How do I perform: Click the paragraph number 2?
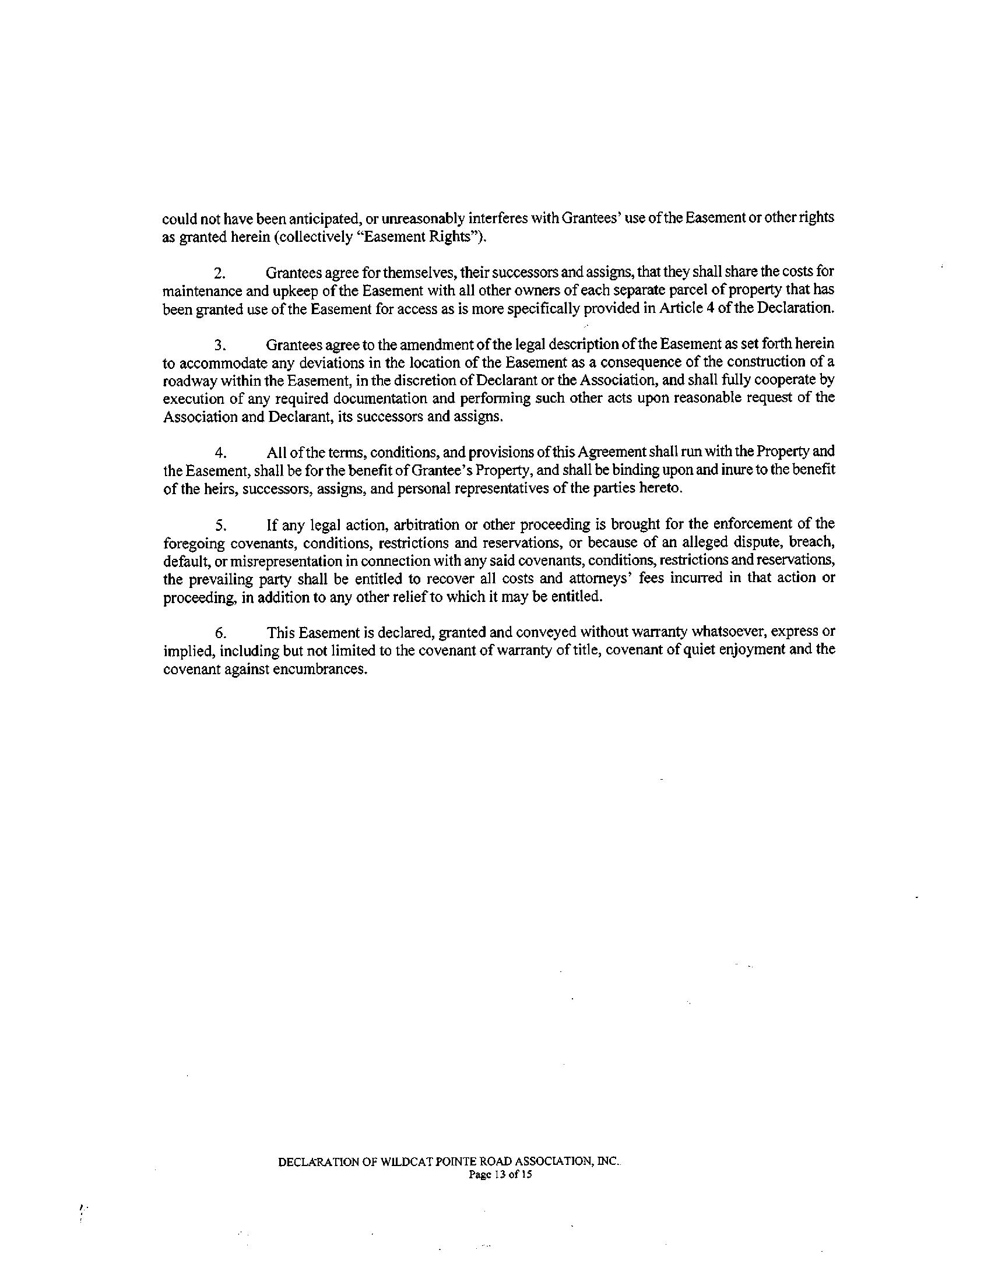click(x=219, y=273)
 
